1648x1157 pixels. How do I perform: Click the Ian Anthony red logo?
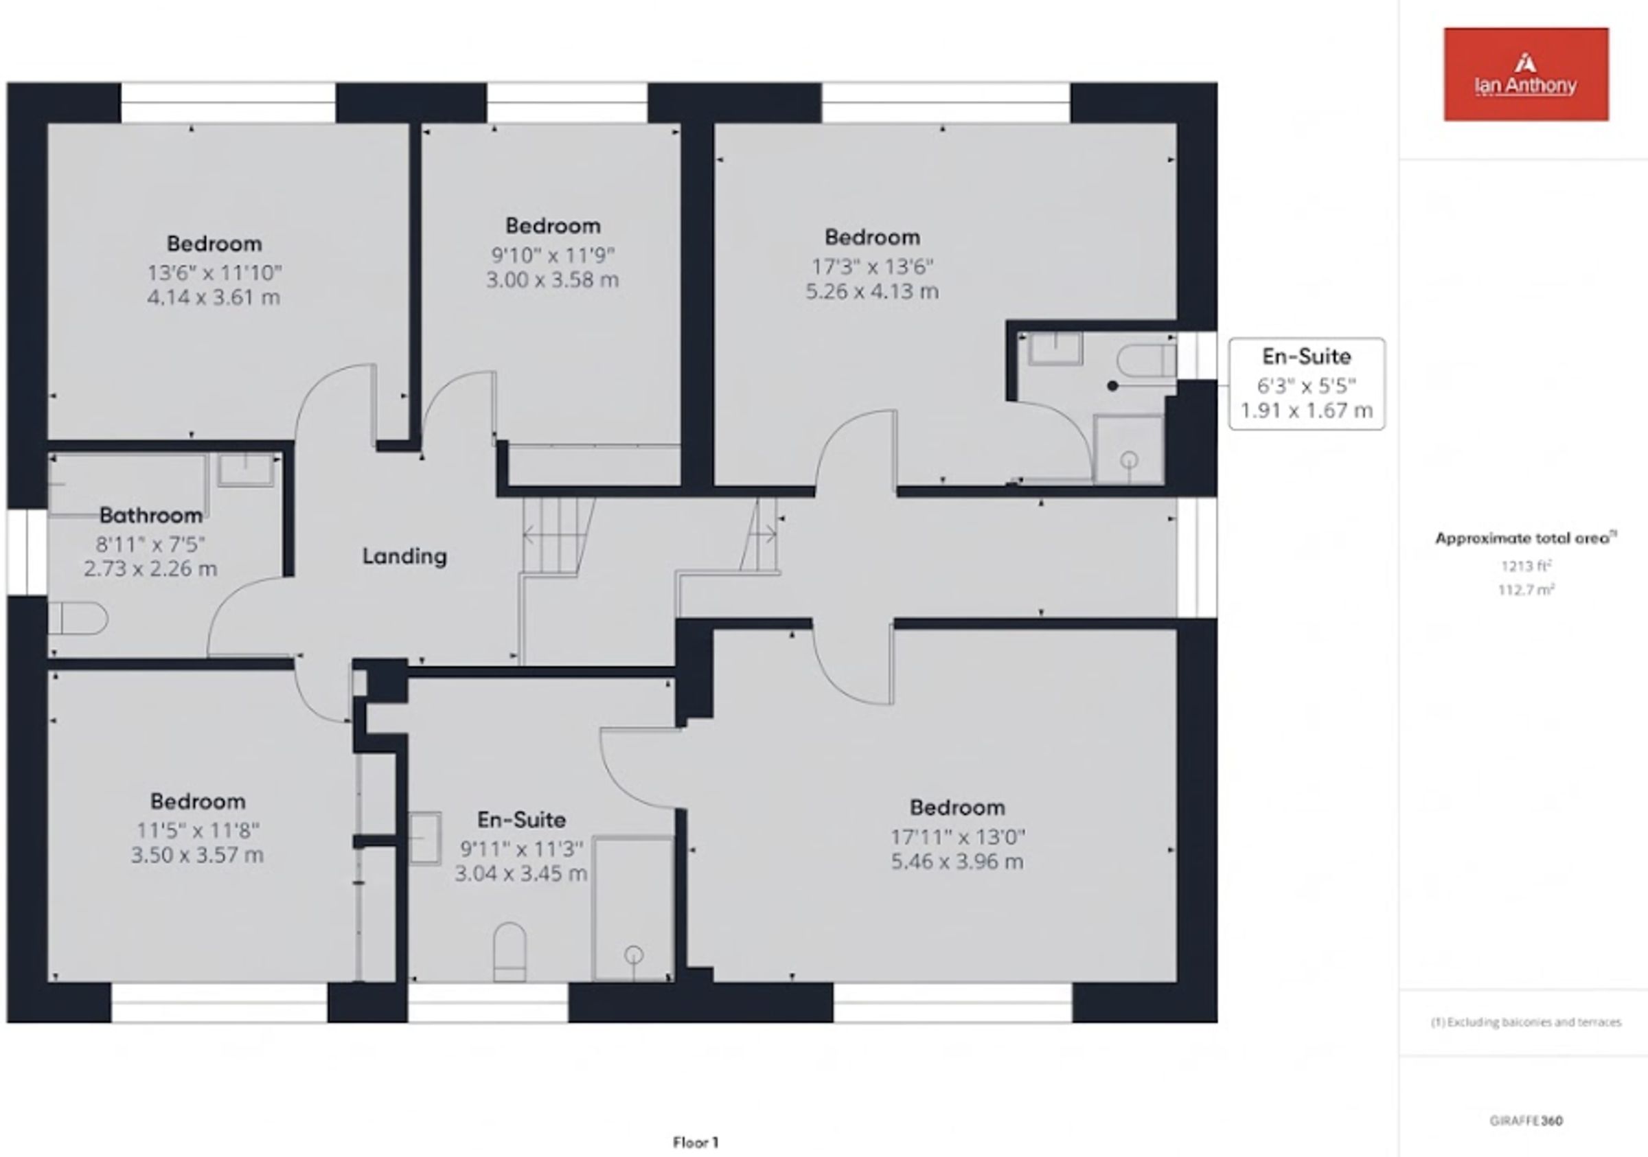click(1526, 74)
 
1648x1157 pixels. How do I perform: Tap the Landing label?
click(404, 556)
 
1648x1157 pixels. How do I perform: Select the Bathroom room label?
click(151, 516)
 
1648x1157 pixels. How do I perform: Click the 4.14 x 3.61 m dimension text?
click(214, 297)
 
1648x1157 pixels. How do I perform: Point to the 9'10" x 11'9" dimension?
click(553, 255)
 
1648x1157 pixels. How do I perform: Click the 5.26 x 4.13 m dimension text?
click(872, 291)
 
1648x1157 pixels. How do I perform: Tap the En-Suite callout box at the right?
click(1306, 384)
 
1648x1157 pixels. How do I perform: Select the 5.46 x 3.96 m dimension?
click(957, 861)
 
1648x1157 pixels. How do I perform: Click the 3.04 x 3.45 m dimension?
click(521, 873)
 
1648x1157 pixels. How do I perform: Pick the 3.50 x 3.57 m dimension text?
click(197, 855)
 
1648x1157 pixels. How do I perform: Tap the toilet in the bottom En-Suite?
click(510, 952)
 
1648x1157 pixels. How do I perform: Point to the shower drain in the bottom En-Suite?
click(634, 954)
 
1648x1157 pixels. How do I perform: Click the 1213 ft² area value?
click(1526, 566)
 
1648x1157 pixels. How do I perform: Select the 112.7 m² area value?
click(1526, 590)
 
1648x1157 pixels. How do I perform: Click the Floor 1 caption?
click(696, 1143)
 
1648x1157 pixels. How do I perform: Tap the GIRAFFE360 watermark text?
click(1526, 1121)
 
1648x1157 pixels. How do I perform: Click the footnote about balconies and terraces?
click(1526, 1022)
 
